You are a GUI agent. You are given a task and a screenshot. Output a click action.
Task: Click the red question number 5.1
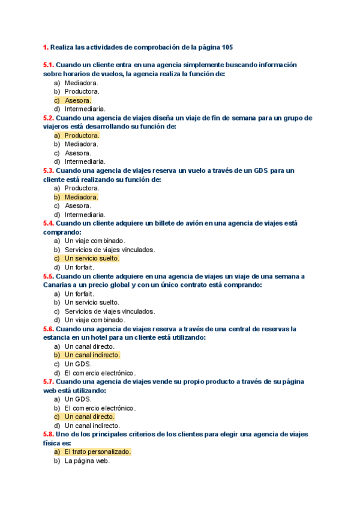coord(49,65)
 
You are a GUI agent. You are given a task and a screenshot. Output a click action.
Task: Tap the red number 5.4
coord(49,223)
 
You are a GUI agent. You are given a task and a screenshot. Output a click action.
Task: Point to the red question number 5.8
coord(49,434)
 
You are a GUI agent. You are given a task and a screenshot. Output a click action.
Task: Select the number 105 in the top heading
coord(227,47)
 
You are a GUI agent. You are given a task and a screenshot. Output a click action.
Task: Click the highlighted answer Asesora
coord(77,100)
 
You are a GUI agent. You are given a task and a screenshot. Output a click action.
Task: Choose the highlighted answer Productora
coord(82,135)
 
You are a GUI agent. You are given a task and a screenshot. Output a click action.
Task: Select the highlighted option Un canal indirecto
coord(92,355)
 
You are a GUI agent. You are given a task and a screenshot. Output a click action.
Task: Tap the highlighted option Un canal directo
coord(89,417)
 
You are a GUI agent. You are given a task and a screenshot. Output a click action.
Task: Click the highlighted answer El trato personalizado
coord(97,451)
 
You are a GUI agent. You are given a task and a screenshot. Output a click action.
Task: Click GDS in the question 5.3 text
coord(257,170)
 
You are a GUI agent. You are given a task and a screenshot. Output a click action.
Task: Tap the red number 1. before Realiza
coord(46,47)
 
